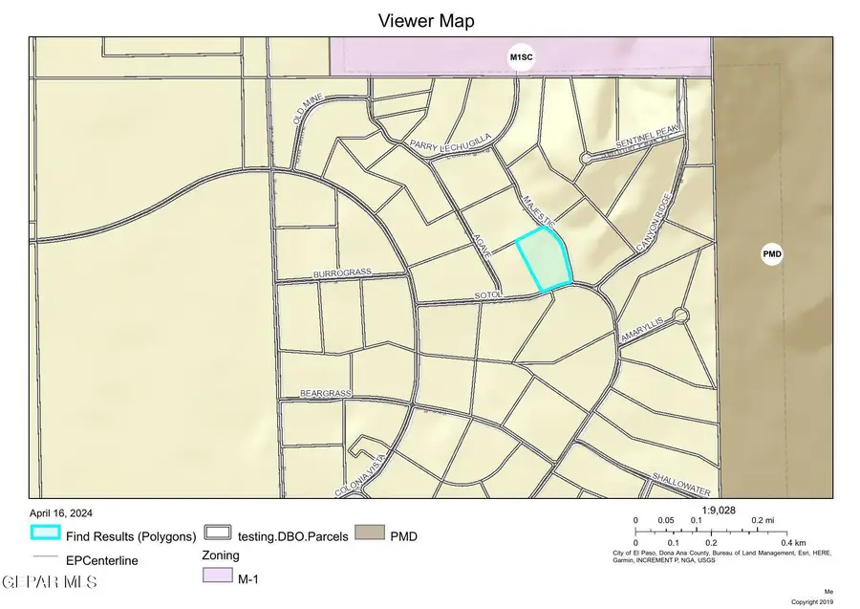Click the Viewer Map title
pyautogui.click(x=426, y=20)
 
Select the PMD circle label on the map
pyautogui.click(x=771, y=254)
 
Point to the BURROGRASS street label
pyautogui.click(x=341, y=274)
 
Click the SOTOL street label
pyautogui.click(x=488, y=297)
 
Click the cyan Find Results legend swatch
pyautogui.click(x=45, y=535)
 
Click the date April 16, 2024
pyautogui.click(x=61, y=513)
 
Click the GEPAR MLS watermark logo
pyautogui.click(x=43, y=581)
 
